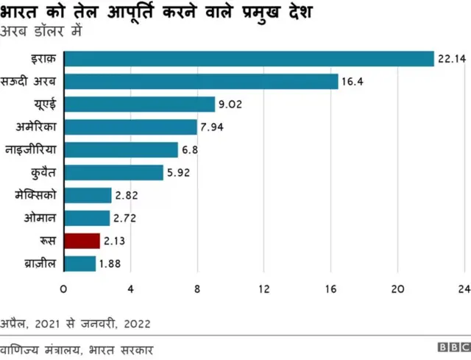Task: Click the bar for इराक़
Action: [249, 59]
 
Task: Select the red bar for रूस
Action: [82, 241]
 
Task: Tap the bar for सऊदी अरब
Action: [201, 82]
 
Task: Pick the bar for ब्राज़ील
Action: [79, 264]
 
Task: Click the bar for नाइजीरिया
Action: [121, 150]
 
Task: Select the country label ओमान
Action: [40, 218]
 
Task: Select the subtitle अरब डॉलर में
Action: [42, 32]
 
